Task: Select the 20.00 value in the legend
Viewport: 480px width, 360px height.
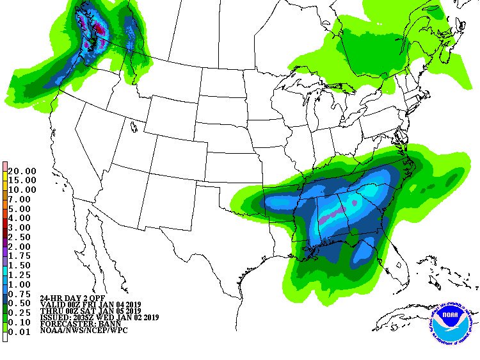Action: (22, 171)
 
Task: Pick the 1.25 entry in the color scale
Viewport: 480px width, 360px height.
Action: (22, 274)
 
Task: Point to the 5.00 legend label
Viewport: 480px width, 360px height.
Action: (22, 208)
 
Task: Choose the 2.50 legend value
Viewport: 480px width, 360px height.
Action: (22, 236)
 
